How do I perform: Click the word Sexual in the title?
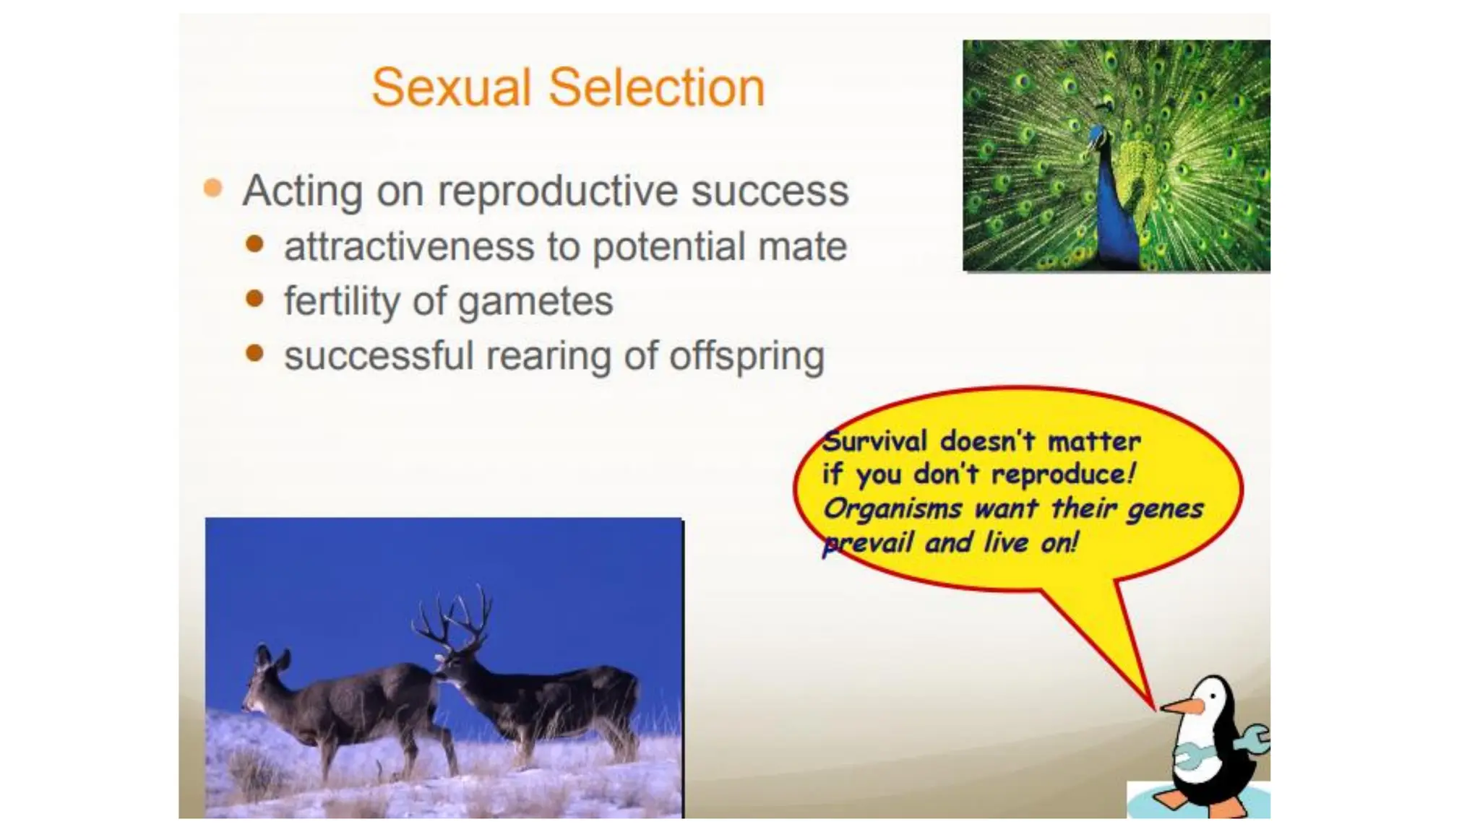[x=452, y=88]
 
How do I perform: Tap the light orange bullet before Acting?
[x=213, y=188]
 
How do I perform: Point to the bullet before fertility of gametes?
[x=254, y=298]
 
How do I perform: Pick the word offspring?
[x=747, y=357]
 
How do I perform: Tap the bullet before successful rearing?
[x=254, y=353]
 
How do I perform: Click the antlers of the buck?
[x=455, y=621]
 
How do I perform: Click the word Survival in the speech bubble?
[x=874, y=441]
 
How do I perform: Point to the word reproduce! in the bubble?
[x=1062, y=474]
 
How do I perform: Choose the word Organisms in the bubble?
[x=892, y=509]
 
